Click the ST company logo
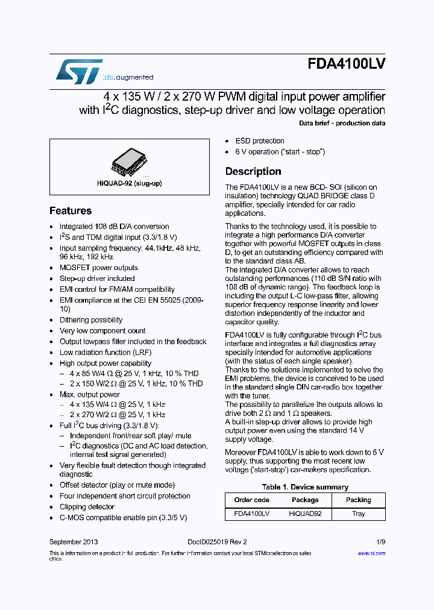pos(79,71)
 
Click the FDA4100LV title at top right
pos(346,65)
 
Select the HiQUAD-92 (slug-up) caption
pos(129,183)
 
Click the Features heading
pos(71,211)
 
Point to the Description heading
pos(253,172)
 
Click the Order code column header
pos(252,500)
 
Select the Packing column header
pos(359,500)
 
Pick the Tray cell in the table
pos(359,514)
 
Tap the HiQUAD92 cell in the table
pos(306,514)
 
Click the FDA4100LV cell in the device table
pos(252,514)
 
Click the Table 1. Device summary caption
pos(305,487)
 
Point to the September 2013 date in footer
pos(74,542)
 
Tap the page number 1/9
pos(381,542)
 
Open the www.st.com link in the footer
pos(371,553)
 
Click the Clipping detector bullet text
pos(87,507)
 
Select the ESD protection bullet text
pos(260,141)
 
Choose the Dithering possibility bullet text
pos(91,320)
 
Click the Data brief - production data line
pos(342,124)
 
